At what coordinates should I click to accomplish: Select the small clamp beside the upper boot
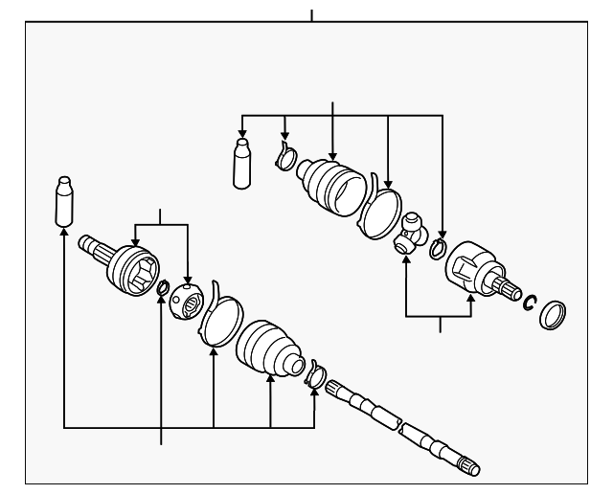coord(285,156)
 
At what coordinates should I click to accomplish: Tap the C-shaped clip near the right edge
coord(529,303)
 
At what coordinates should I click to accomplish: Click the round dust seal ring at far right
coord(553,315)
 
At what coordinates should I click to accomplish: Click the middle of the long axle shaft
coord(393,418)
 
